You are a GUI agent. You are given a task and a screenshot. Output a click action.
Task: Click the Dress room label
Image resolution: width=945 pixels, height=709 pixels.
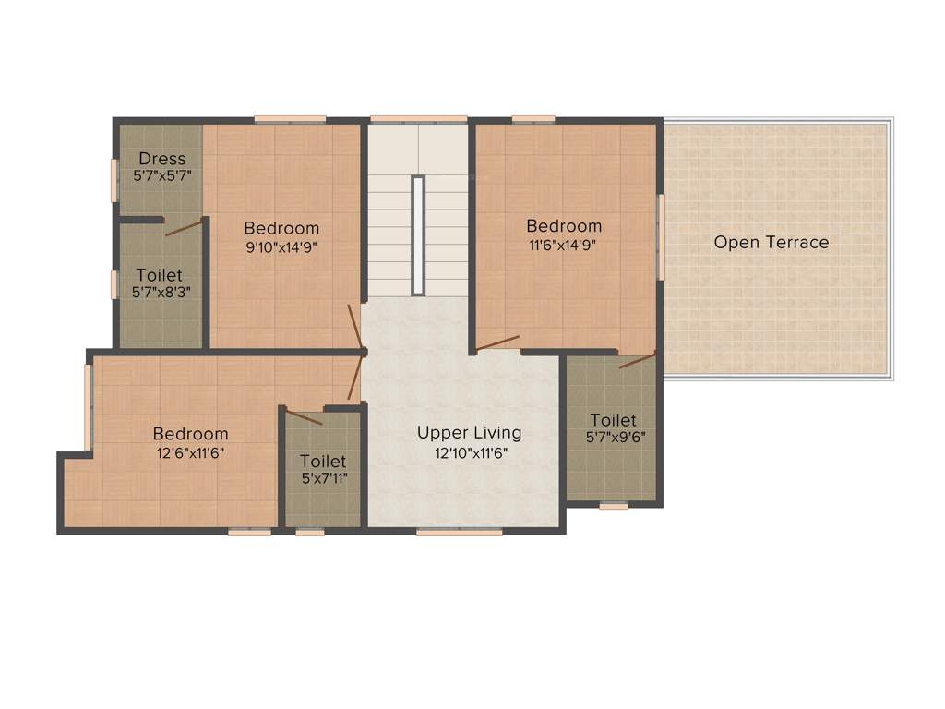[x=162, y=159]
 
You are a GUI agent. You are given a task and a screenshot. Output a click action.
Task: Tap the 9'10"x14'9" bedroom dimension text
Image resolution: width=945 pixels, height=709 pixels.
[x=281, y=246]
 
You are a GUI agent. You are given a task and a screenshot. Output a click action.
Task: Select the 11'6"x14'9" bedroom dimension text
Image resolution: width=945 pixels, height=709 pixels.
[x=564, y=246]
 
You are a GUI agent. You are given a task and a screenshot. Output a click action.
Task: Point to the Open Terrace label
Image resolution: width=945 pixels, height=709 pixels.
[x=772, y=243]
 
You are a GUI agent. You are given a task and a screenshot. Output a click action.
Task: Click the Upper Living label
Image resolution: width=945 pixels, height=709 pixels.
[x=469, y=432]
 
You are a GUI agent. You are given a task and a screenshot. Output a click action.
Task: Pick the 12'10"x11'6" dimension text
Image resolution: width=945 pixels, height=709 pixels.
[x=472, y=453]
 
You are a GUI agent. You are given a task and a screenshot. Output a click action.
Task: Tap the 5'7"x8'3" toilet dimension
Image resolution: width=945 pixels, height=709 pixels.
[x=159, y=293]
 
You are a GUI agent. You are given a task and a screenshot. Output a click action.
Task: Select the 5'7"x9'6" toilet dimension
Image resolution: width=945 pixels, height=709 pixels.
[x=614, y=438]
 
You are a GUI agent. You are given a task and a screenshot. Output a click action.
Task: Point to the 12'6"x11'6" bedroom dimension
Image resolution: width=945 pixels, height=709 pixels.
[x=190, y=452]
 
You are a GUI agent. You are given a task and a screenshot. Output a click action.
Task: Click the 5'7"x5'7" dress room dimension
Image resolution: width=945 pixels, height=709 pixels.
[x=162, y=175]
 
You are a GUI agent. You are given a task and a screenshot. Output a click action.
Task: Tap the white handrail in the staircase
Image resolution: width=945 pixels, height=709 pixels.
[x=418, y=235]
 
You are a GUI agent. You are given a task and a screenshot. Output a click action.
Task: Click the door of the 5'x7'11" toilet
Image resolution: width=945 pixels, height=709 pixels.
[x=305, y=417]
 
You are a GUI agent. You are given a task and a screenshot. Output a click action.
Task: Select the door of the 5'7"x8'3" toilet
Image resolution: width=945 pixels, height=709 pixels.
[x=184, y=228]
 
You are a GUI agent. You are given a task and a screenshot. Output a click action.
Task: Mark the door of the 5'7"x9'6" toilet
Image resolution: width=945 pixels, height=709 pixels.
[x=637, y=361]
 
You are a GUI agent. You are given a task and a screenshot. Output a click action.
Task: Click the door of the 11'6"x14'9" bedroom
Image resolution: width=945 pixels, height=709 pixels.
[x=497, y=343]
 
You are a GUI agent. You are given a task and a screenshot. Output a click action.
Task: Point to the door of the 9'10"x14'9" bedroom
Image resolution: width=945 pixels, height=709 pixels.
[x=354, y=328]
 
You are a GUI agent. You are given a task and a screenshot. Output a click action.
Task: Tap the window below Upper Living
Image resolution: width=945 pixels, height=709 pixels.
[x=459, y=532]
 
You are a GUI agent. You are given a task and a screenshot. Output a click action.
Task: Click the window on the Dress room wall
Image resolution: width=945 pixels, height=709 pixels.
[x=114, y=180]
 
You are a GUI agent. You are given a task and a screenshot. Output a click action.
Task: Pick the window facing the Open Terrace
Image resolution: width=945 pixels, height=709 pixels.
[x=661, y=236]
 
